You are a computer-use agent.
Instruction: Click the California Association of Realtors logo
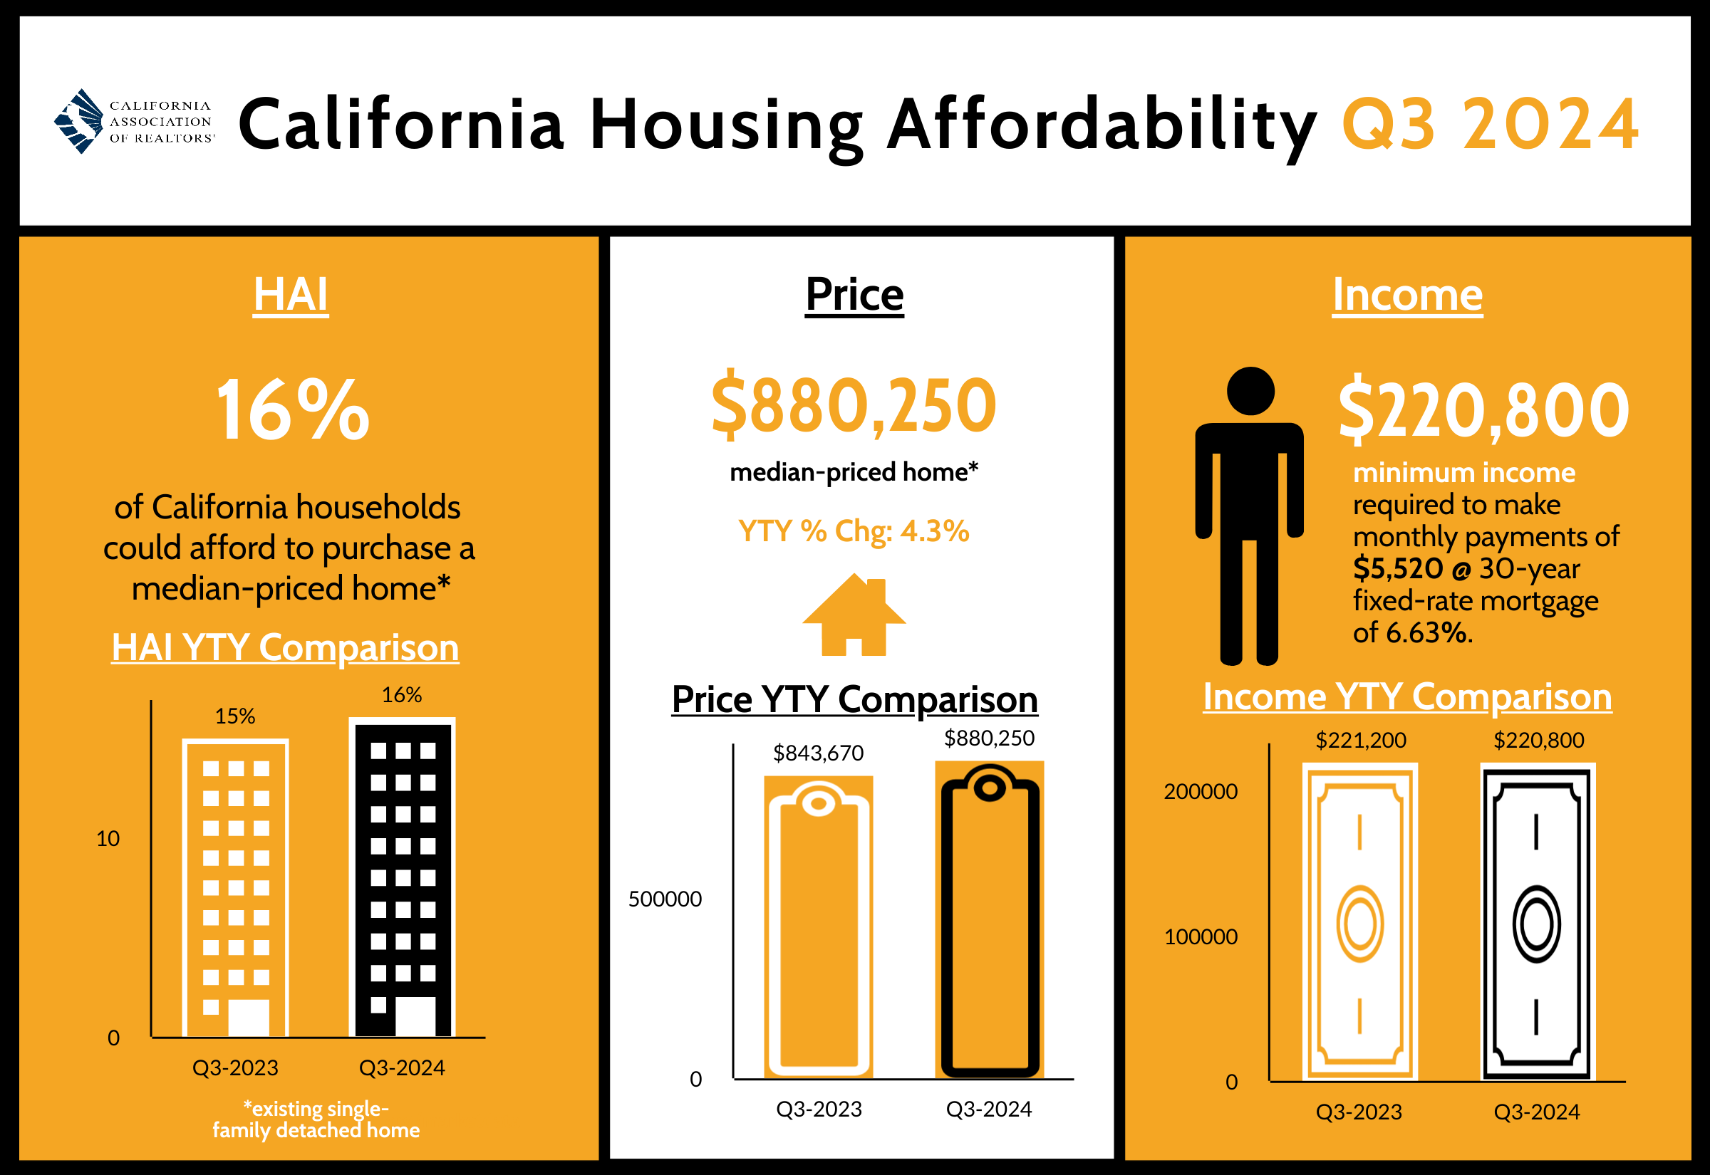(134, 122)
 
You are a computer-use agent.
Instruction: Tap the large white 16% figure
(292, 410)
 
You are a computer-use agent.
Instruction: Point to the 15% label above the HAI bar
(235, 716)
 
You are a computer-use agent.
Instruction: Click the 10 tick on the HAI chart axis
(108, 839)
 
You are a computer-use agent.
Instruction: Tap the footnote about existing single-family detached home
(316, 1119)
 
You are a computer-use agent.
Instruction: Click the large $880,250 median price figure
(854, 405)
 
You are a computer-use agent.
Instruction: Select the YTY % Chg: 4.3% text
(854, 531)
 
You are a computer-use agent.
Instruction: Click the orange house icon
(854, 615)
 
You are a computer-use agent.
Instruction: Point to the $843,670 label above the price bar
(818, 753)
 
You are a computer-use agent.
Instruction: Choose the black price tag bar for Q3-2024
(990, 920)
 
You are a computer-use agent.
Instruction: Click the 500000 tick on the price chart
(665, 899)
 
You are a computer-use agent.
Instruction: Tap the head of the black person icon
(1250, 391)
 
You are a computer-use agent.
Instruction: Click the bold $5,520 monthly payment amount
(1398, 568)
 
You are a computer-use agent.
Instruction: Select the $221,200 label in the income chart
(1361, 740)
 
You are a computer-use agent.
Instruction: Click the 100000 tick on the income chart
(1201, 936)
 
